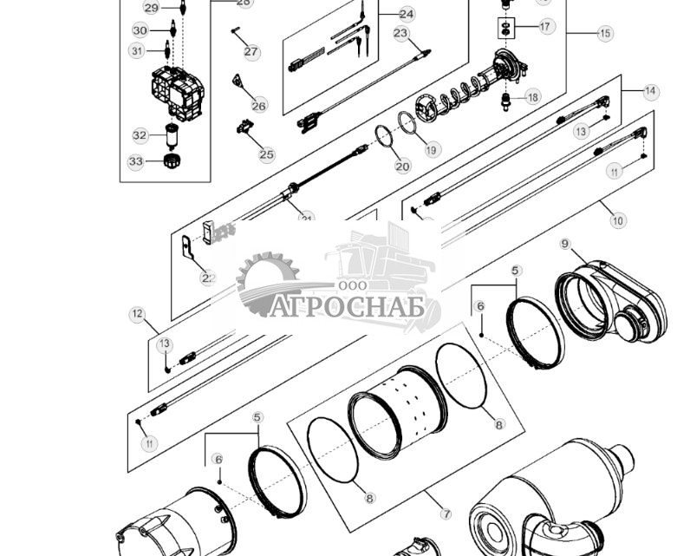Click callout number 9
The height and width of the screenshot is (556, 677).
click(x=565, y=244)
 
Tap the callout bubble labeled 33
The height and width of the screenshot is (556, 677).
click(x=136, y=161)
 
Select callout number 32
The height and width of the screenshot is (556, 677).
click(x=140, y=135)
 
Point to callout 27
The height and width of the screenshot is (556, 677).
click(x=251, y=52)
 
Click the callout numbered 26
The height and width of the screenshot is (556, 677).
click(x=259, y=106)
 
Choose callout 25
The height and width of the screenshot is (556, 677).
click(x=266, y=154)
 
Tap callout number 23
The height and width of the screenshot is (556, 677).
click(x=400, y=33)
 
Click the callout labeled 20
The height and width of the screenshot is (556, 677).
click(x=402, y=166)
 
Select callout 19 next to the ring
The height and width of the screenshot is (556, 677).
click(x=432, y=150)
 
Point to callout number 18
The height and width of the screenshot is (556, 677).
click(x=532, y=97)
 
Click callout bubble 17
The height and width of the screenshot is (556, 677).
click(x=545, y=27)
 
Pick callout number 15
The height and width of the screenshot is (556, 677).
click(x=604, y=33)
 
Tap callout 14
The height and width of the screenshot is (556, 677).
click(x=651, y=91)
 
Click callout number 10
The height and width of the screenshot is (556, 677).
click(x=617, y=221)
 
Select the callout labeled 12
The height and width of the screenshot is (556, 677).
click(x=137, y=313)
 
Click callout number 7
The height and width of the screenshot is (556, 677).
click(x=446, y=514)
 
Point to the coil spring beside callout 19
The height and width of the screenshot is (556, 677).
click(x=468, y=90)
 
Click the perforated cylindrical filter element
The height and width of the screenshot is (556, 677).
click(x=400, y=412)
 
